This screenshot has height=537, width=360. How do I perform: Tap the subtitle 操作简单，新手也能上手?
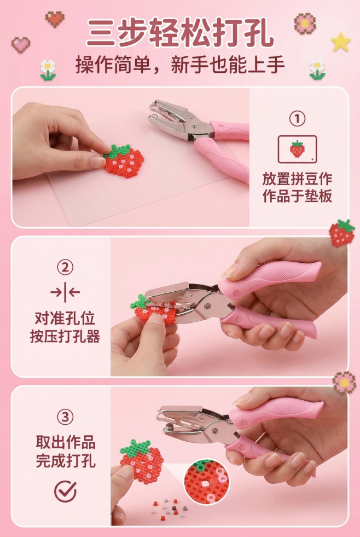(x=180, y=66)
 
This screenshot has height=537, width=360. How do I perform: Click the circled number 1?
(x=297, y=118)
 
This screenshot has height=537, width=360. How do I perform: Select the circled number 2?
(x=65, y=268)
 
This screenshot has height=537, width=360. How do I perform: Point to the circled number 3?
(x=65, y=418)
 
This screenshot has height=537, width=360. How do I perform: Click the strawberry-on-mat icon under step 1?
(x=297, y=148)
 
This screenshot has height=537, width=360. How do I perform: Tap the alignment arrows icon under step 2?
(x=65, y=292)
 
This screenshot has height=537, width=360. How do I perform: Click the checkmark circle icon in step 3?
(x=65, y=491)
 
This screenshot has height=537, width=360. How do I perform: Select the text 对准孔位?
(x=65, y=319)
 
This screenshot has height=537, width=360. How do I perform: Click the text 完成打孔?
(x=65, y=461)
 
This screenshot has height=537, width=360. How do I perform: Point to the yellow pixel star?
(x=341, y=42)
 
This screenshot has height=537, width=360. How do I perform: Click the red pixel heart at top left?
(x=54, y=19)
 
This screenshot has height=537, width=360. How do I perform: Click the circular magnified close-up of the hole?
(x=206, y=482)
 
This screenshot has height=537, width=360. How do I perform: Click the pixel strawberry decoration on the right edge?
(x=341, y=233)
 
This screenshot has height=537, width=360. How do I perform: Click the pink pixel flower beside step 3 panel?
(x=344, y=382)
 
